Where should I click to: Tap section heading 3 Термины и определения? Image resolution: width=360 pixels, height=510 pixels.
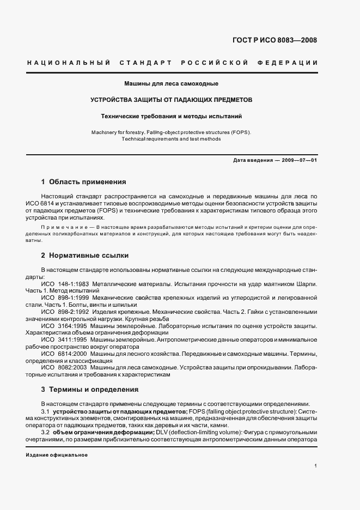pyautogui.click(x=89, y=390)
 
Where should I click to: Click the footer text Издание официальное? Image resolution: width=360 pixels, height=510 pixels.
pyautogui.click(x=57, y=455)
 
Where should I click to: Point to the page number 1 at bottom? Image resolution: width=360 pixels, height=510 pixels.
pyautogui.click(x=315, y=466)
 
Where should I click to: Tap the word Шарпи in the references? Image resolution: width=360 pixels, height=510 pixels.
pyautogui.click(x=306, y=284)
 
